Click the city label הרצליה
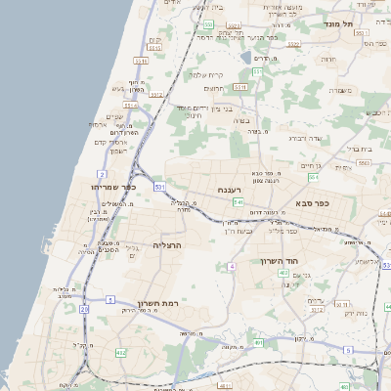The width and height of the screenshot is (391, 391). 168,244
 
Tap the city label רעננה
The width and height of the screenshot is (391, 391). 230,189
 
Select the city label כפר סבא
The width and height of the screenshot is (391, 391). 310,203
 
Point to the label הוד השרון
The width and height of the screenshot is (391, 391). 279,261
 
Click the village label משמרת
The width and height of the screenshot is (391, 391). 340,91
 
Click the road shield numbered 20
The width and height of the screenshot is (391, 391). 85,309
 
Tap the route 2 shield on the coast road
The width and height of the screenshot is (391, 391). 103,174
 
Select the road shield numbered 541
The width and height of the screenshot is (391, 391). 239,201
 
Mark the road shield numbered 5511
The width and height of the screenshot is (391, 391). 142,61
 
